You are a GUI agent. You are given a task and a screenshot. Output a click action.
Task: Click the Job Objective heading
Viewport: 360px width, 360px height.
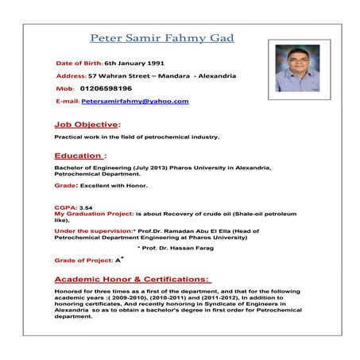(x=87, y=125)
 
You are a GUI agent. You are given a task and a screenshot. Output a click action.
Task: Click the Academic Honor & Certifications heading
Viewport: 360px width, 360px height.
(x=132, y=279)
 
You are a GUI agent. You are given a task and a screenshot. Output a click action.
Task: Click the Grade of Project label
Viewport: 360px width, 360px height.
(x=83, y=260)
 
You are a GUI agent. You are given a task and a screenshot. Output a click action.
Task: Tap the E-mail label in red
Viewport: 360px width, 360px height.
(x=67, y=102)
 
